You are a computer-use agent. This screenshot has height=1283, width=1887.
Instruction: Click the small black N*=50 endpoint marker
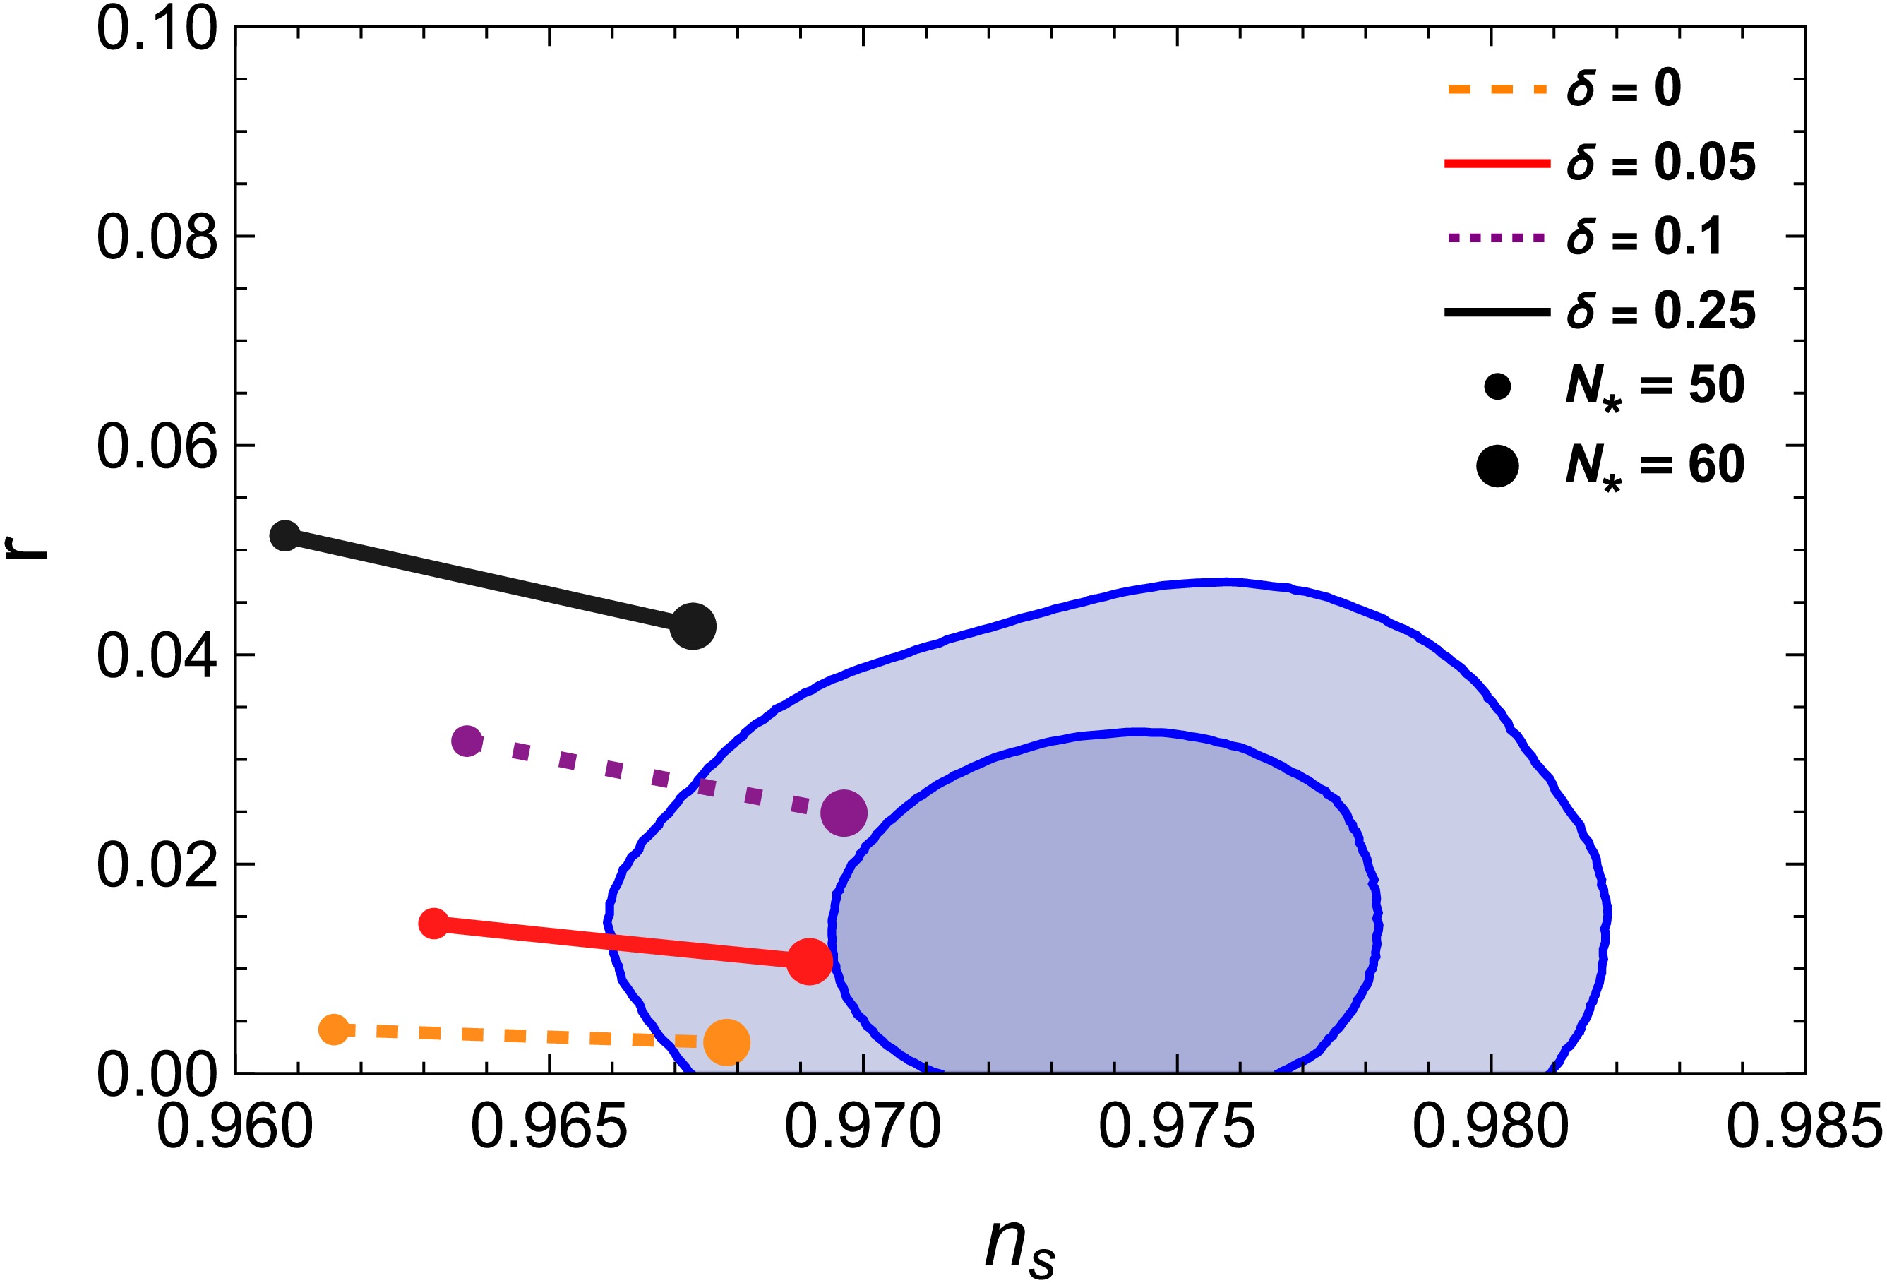coord(285,535)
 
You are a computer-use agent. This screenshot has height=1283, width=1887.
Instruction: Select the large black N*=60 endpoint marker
coord(693,626)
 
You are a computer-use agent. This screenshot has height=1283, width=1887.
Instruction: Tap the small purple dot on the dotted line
coord(467,740)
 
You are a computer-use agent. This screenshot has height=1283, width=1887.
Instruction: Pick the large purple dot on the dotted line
coord(844,812)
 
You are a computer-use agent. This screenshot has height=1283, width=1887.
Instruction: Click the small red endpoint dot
coord(433,924)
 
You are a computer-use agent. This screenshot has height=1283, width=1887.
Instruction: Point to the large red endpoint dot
coord(810,962)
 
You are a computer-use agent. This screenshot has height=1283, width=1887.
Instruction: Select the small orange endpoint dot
coord(334,1030)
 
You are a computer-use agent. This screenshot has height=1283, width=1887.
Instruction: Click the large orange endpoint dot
coord(726,1042)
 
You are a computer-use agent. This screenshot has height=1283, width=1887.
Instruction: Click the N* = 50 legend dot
coord(1497,386)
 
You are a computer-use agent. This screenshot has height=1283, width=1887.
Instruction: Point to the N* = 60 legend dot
coord(1497,466)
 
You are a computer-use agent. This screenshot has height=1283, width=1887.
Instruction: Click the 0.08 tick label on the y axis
coord(157,237)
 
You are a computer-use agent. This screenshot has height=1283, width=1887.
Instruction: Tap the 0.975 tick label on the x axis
coord(1177,1127)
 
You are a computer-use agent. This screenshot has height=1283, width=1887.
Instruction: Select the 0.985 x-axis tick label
coord(1804,1127)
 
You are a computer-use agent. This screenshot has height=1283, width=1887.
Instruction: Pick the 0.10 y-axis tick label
coord(157,29)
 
